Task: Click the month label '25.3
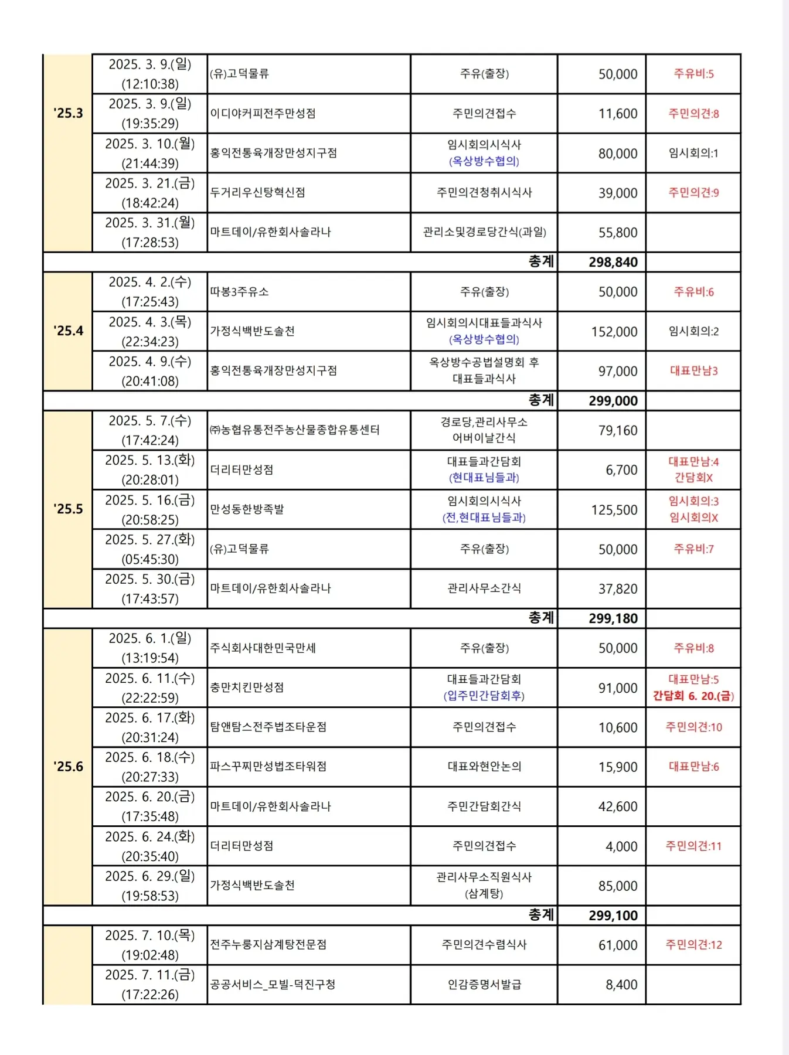tap(68, 113)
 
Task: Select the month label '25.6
tap(68, 767)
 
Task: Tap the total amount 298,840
tap(613, 262)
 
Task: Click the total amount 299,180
tap(613, 618)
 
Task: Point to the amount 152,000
tap(614, 332)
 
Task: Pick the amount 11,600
tap(617, 114)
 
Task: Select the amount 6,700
tap(621, 470)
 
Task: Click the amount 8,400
tap(621, 985)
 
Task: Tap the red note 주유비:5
tap(693, 74)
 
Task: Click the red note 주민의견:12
tap(693, 945)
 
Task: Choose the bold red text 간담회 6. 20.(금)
tap(693, 696)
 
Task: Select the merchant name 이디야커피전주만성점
tap(263, 113)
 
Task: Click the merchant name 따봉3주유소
tap(239, 292)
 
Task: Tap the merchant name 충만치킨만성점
tap(247, 688)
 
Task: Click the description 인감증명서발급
tap(484, 985)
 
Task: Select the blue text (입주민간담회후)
tap(484, 696)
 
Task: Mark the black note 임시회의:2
tap(693, 332)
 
